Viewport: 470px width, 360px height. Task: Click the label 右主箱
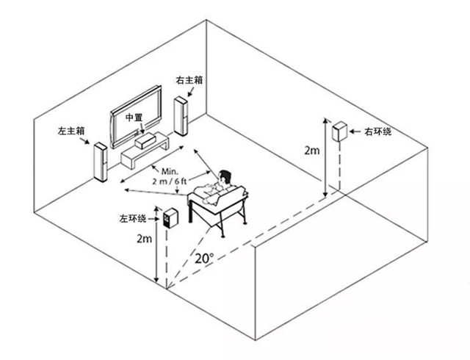189,80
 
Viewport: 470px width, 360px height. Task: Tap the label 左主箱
71,131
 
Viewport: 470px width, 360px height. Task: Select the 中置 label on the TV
134,118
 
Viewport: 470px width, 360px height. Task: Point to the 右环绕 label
378,132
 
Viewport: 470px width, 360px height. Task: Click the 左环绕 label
133,219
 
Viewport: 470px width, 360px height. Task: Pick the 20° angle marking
205,258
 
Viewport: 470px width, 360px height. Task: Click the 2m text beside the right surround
312,151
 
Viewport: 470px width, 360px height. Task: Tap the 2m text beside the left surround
145,239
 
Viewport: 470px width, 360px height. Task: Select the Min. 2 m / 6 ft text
170,176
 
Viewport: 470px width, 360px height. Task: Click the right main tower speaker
181,116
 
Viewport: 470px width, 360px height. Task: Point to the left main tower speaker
101,162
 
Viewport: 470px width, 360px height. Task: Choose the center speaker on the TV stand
145,142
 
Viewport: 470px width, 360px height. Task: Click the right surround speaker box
339,132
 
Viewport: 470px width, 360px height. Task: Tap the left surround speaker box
170,217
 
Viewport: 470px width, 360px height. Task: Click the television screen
136,116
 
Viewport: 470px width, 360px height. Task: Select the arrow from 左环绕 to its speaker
153,219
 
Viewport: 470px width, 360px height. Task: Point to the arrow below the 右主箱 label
191,92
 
